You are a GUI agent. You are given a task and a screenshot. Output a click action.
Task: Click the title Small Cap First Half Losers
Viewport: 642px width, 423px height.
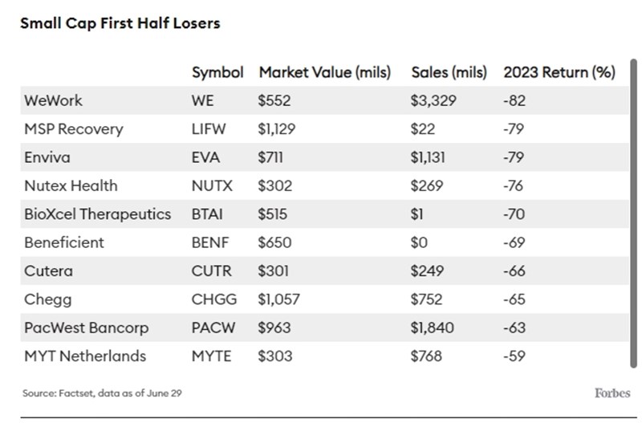[120, 23]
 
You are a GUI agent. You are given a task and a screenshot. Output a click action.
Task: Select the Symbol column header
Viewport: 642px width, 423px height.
[217, 72]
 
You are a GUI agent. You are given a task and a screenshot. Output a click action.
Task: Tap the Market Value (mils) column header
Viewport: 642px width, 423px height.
[324, 72]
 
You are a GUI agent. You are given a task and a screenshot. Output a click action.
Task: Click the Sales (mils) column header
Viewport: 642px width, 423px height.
[449, 72]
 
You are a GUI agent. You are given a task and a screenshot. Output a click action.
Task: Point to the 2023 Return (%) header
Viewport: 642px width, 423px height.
[559, 72]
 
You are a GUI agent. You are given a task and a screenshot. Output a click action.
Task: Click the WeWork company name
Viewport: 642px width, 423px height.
[53, 101]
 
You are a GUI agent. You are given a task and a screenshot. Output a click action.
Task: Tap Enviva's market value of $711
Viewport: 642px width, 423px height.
[270, 157]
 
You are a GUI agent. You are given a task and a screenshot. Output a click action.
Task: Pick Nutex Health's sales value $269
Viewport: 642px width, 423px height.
[426, 185]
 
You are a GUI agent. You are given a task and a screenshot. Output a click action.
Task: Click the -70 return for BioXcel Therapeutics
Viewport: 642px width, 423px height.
[514, 214]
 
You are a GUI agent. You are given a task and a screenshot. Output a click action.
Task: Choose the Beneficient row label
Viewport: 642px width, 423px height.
[64, 242]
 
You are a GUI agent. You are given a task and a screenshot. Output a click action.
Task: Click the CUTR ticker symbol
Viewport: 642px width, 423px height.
[211, 270]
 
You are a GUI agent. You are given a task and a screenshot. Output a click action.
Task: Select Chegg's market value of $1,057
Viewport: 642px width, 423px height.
[278, 299]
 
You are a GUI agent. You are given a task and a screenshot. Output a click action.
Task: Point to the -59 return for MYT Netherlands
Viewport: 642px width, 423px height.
[514, 356]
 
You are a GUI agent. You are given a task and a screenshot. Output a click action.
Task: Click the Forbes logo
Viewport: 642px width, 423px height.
[612, 392]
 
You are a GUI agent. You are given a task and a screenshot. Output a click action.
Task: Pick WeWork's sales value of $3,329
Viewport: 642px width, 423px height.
[433, 101]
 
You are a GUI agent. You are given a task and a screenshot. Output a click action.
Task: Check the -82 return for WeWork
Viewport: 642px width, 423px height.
[514, 101]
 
